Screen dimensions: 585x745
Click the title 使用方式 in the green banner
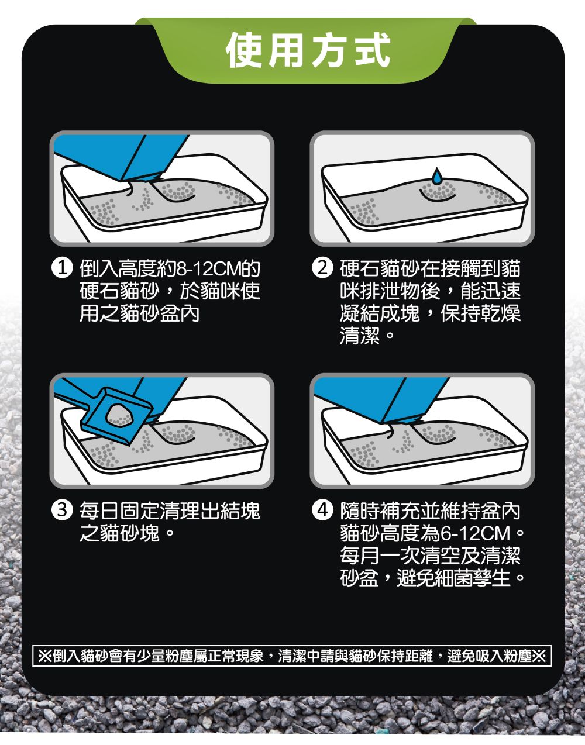[308, 50]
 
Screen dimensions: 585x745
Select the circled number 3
[62, 511]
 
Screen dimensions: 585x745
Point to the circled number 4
[322, 511]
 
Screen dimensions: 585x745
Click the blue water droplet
[437, 176]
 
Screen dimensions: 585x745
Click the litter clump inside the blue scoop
[119, 415]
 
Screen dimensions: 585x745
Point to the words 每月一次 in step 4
[381, 556]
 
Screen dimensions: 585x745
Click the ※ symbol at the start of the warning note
[45, 656]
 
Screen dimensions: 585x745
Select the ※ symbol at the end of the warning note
[539, 656]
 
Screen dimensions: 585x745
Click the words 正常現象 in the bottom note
[236, 656]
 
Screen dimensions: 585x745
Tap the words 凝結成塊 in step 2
[380, 313]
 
